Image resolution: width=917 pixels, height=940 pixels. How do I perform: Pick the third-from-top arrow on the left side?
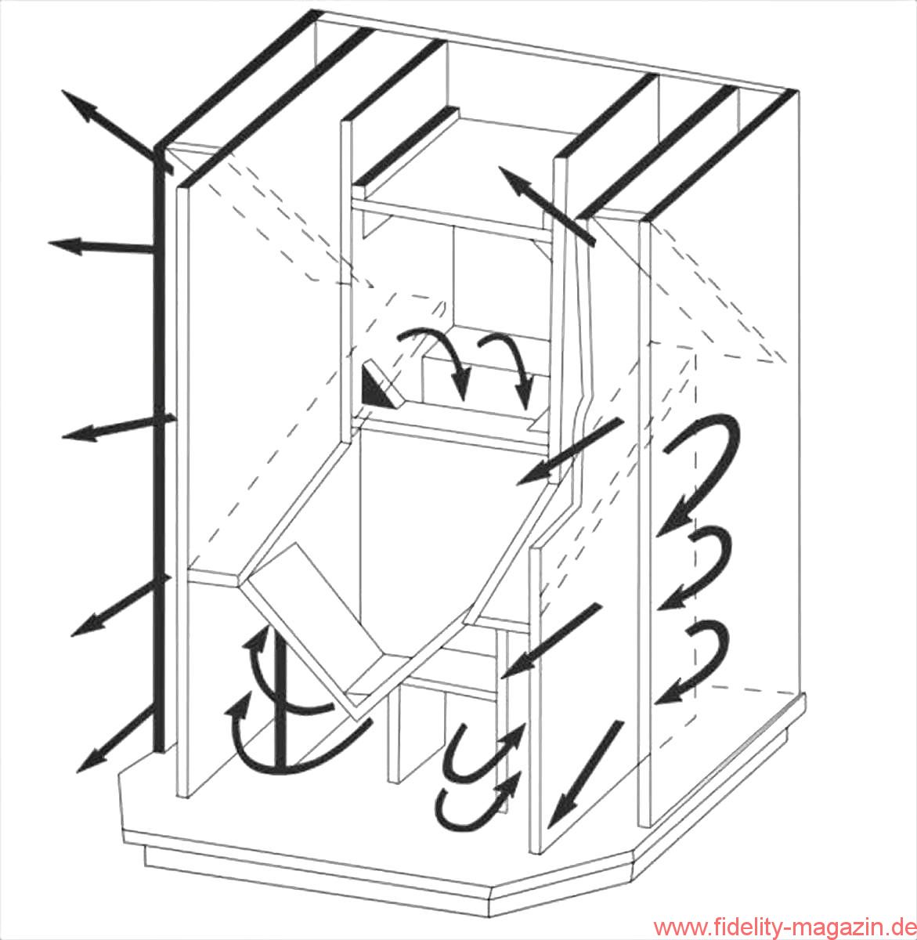(118, 427)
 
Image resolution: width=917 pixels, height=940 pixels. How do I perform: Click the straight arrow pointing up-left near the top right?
(547, 204)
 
